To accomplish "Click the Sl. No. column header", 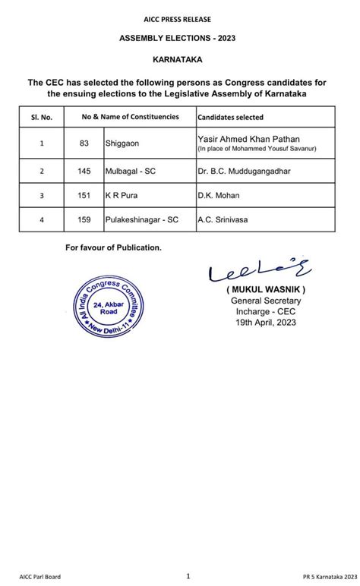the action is pos(43,117).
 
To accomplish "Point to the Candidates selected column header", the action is pos(231,117).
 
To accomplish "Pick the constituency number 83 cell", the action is pos(84,142).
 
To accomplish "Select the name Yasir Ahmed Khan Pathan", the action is pos(250,138).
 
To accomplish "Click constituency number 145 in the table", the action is pos(84,172).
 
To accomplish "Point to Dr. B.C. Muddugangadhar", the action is pos(244,172).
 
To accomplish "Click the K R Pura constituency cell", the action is pos(122,196).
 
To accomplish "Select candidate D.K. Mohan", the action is pos(219,196).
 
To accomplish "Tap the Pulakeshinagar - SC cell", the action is pos(142,219).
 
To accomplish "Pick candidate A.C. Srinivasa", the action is pos(223,219).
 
